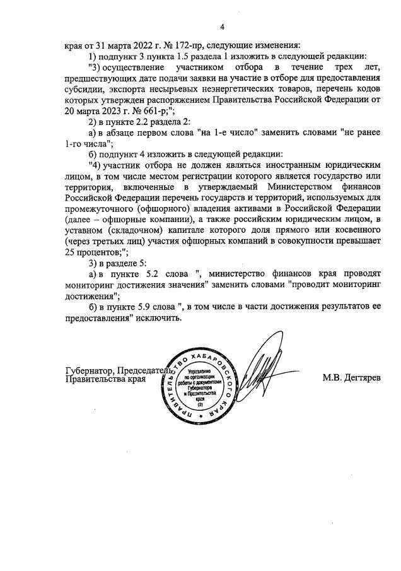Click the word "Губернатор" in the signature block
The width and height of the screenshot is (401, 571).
coord(89,370)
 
